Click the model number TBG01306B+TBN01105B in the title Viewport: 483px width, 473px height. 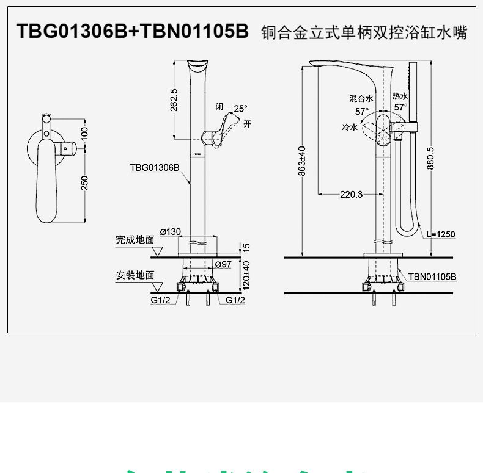coord(132,31)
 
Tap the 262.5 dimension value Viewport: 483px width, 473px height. coord(174,100)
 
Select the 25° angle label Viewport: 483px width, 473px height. coord(241,108)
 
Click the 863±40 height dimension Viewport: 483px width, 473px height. coord(301,161)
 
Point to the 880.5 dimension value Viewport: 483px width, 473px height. coord(430,157)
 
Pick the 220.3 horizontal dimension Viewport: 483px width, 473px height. coord(351,195)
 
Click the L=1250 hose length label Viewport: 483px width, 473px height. coord(441,234)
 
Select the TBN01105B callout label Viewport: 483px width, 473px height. coord(432,276)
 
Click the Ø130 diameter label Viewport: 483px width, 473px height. coord(170,231)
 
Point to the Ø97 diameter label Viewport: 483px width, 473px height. coord(223,264)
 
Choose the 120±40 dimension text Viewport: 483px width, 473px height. coord(246,275)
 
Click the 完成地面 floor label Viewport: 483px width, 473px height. coord(135,240)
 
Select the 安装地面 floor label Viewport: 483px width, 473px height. coord(135,275)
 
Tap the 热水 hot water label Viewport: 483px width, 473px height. coord(400,96)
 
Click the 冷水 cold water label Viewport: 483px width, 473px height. coord(349,127)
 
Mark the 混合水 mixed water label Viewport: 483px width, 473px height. coord(361,98)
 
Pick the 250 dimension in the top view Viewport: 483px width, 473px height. coord(85,183)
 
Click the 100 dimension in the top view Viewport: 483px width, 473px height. coord(85,132)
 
